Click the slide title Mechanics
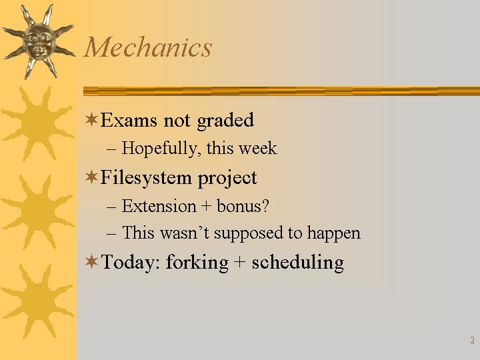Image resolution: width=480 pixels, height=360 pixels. pyautogui.click(x=148, y=47)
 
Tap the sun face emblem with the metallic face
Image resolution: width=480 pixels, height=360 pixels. pyautogui.click(x=38, y=41)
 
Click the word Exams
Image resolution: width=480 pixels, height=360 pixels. pyautogui.click(x=129, y=120)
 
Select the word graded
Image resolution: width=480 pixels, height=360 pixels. pyautogui.click(x=225, y=120)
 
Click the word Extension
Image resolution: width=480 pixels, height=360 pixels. pyautogui.click(x=159, y=206)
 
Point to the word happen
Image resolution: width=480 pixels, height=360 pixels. pyautogui.click(x=333, y=233)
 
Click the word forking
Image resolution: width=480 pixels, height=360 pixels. pyautogui.click(x=197, y=263)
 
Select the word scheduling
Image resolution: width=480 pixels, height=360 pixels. pyautogui.click(x=297, y=263)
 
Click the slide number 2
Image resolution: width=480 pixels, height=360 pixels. pyautogui.click(x=473, y=340)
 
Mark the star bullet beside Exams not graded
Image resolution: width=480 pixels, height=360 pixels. pyautogui.click(x=91, y=119)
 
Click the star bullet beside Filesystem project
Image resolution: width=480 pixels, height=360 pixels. pyautogui.click(x=91, y=177)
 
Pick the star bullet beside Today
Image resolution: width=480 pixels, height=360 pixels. pyautogui.click(x=91, y=262)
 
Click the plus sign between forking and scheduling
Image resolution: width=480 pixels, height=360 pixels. pyautogui.click(x=240, y=263)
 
